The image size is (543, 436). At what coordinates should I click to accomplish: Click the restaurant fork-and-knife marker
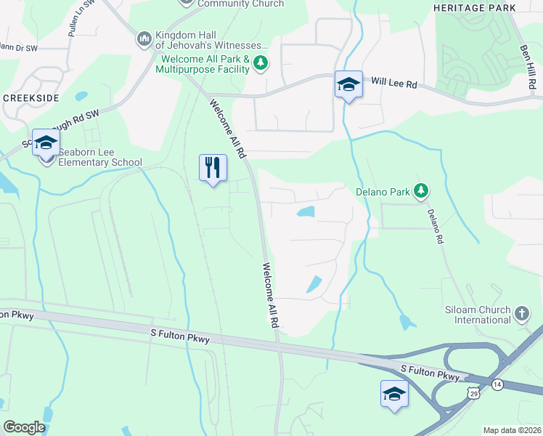(x=213, y=168)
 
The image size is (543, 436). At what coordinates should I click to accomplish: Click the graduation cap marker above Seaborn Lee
(x=46, y=143)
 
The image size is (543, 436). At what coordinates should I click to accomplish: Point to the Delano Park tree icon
(x=420, y=191)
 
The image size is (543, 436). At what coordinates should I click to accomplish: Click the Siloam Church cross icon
(x=521, y=314)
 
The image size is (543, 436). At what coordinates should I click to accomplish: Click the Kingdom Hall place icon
(x=144, y=37)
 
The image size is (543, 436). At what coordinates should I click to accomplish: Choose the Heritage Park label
(x=474, y=8)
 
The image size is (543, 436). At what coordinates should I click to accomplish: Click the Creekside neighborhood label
(x=30, y=97)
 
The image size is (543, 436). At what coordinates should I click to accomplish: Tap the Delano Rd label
(x=434, y=226)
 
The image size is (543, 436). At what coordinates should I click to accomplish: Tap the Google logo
(x=24, y=427)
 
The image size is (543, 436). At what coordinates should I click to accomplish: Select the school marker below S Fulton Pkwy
(x=394, y=393)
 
